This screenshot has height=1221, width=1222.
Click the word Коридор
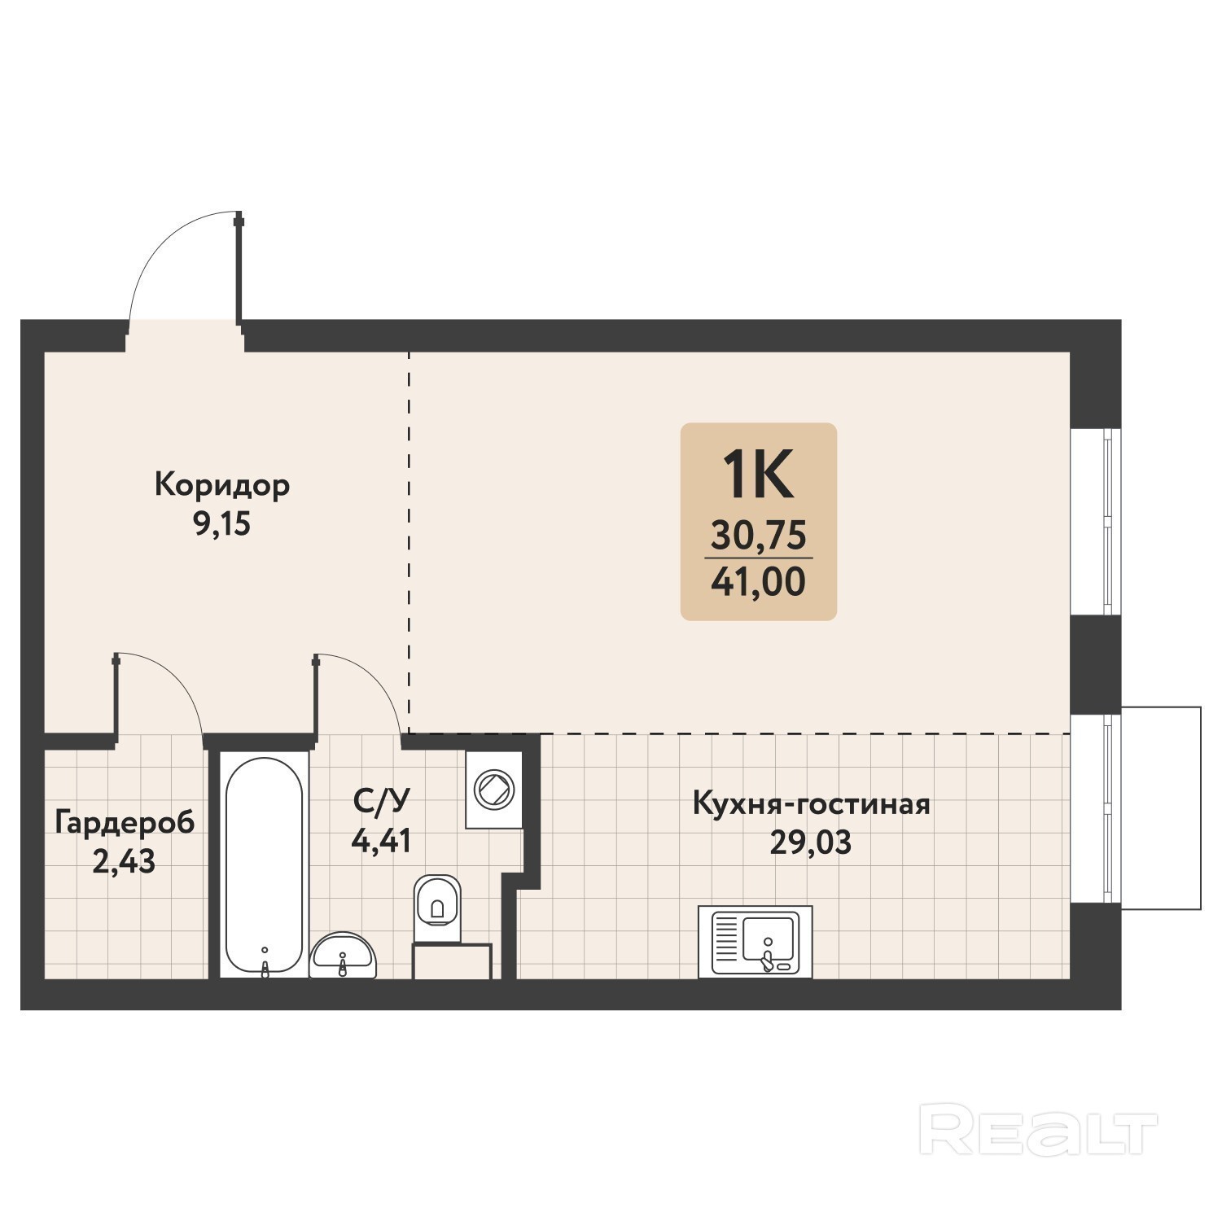click(222, 486)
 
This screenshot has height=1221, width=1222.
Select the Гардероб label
click(125, 824)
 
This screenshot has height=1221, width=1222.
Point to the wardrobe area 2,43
click(125, 861)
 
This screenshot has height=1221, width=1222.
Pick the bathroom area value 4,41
click(381, 840)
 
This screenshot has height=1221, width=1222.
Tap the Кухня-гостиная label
click(811, 804)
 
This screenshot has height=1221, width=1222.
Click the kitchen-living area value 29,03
click(811, 843)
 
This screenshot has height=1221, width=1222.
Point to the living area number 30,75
click(759, 536)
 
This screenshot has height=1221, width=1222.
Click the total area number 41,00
click(759, 581)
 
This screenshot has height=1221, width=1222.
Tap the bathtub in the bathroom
click(265, 865)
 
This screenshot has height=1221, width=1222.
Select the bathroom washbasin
click(344, 955)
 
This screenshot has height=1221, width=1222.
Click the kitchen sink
click(756, 942)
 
